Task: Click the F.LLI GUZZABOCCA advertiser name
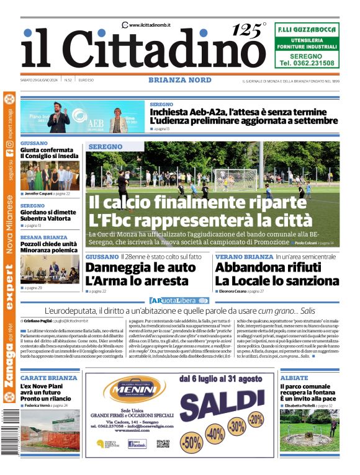(307, 29)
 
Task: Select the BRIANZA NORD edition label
(179, 80)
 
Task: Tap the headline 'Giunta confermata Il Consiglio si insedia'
(49, 153)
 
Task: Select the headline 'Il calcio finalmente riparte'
(197, 203)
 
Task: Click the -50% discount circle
(191, 442)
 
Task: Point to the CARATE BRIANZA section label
(49, 378)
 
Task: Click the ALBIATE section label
(294, 378)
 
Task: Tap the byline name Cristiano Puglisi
(38, 321)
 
